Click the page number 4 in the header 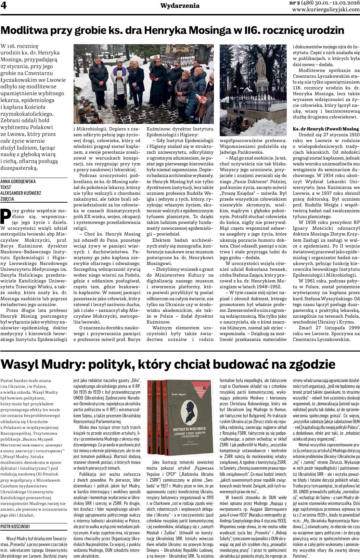(4, 7)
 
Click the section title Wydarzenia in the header (180, 6)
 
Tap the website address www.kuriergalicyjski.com (326, 10)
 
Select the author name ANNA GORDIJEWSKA (18, 181)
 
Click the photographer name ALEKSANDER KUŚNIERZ (22, 193)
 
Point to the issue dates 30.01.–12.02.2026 (334, 3)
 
